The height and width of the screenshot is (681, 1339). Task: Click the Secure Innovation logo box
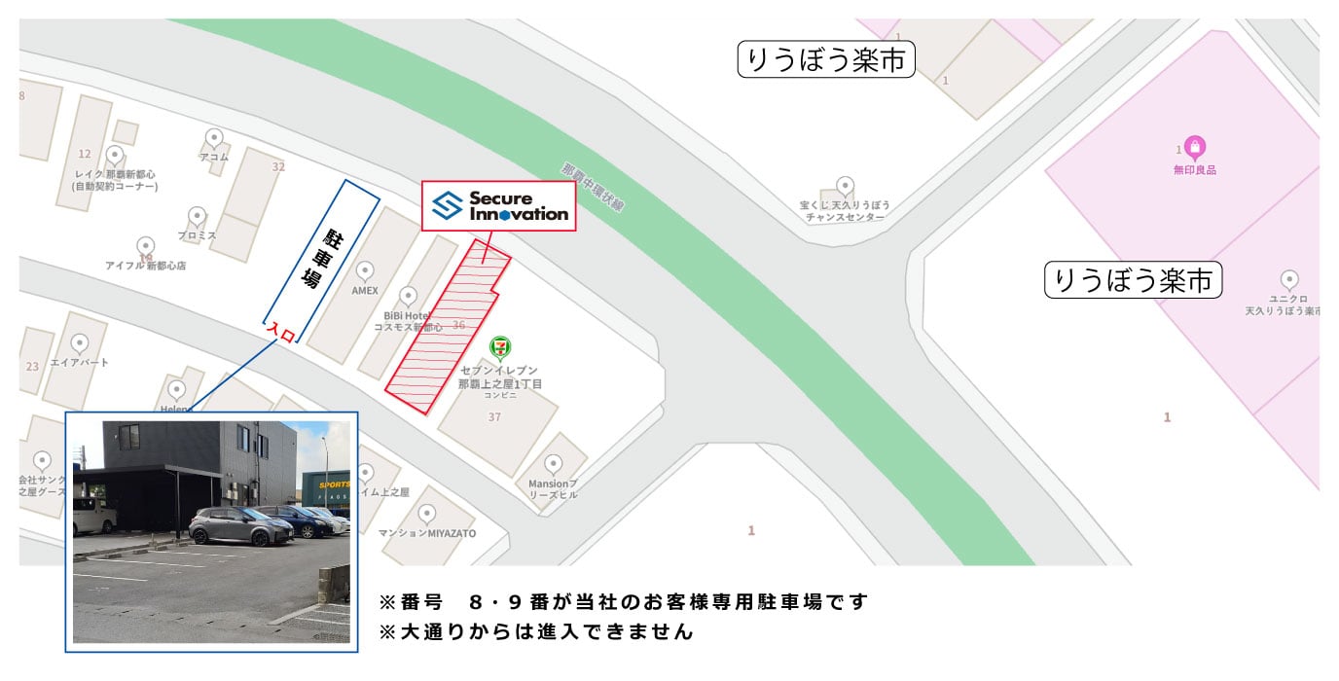point(498,205)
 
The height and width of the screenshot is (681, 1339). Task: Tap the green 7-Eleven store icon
point(502,347)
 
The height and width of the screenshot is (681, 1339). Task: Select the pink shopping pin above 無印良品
point(1196,149)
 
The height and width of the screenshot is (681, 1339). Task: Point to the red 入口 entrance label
point(280,332)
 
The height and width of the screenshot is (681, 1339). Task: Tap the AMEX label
point(365,291)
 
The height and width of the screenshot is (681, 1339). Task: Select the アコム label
point(213,157)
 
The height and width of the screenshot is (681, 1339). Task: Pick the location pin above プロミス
point(197,216)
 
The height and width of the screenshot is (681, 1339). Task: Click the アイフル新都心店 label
point(145,265)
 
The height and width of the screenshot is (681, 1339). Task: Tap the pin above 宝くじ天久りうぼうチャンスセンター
point(845,186)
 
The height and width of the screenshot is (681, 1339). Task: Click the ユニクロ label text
point(1288,299)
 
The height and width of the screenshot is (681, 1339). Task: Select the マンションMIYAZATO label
point(426,534)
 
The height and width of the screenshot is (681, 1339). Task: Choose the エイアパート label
point(80,362)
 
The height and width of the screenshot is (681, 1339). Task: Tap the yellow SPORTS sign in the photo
point(324,484)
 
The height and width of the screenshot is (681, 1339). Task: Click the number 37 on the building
point(494,417)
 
